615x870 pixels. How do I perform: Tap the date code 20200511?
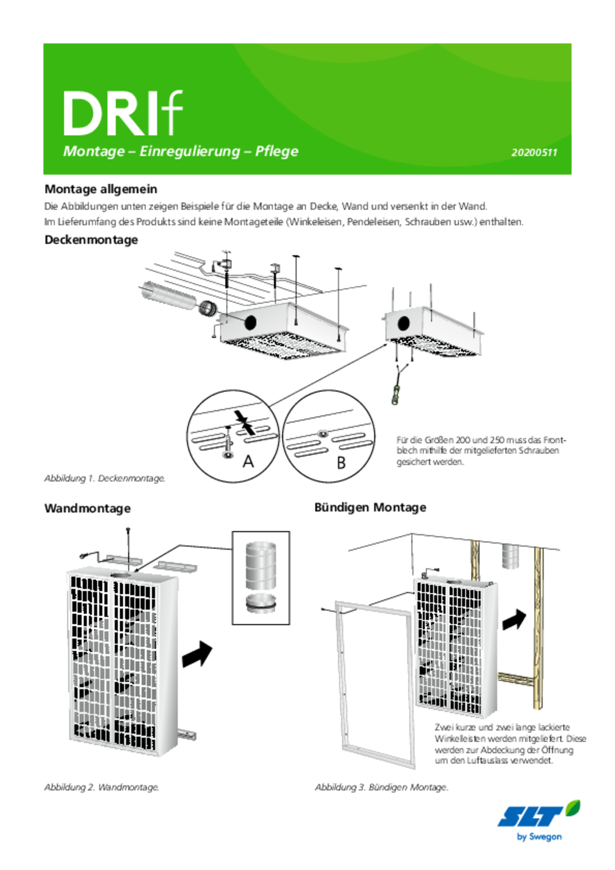[534, 153]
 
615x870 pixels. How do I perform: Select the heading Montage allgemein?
[101, 189]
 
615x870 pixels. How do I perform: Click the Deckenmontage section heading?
[91, 240]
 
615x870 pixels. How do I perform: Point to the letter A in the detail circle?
[248, 461]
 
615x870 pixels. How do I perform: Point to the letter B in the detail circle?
[341, 463]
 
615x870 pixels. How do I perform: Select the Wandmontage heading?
[88, 508]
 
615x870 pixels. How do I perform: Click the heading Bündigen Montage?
[370, 508]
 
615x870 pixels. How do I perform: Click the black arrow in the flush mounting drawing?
[514, 619]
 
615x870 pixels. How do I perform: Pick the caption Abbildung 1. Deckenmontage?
[105, 478]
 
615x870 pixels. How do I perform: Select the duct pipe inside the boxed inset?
[261, 566]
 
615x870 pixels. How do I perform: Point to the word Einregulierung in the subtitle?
[189, 151]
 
